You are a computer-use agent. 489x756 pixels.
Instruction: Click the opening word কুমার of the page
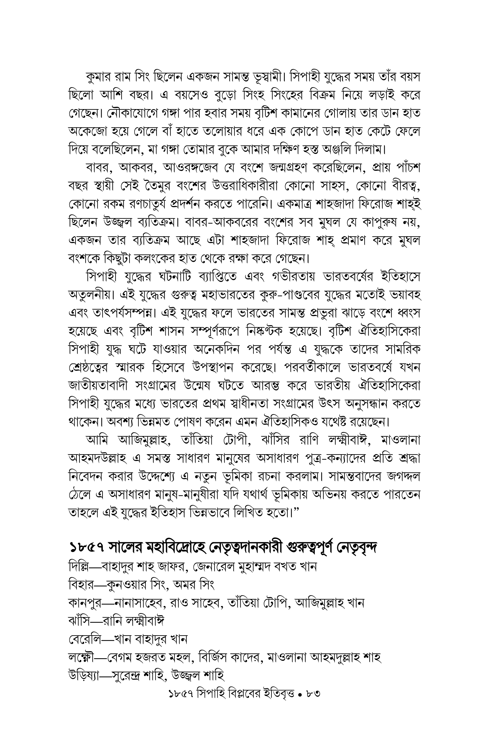(101, 77)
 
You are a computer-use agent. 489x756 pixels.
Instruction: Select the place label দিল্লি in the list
(79, 567)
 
